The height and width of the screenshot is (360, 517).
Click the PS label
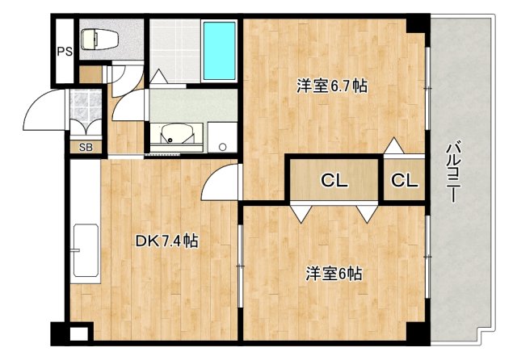65,51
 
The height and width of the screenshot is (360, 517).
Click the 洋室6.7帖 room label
332,86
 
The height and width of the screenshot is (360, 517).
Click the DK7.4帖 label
166,240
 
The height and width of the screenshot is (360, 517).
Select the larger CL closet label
334,181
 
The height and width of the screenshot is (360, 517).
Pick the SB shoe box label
85,148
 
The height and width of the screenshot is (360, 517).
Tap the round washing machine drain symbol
221,147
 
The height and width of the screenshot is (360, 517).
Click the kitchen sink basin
85,251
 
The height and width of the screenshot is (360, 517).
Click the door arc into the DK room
218,179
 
